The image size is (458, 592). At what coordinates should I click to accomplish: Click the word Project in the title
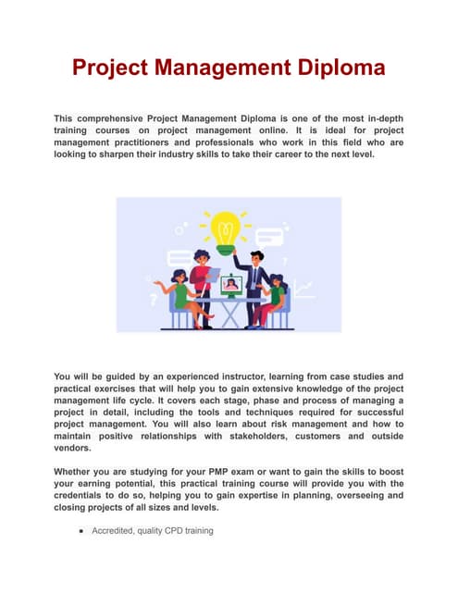coord(116,68)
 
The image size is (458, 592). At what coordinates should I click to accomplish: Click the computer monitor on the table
coord(230,284)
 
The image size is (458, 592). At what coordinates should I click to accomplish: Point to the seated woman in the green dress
coord(179,294)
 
